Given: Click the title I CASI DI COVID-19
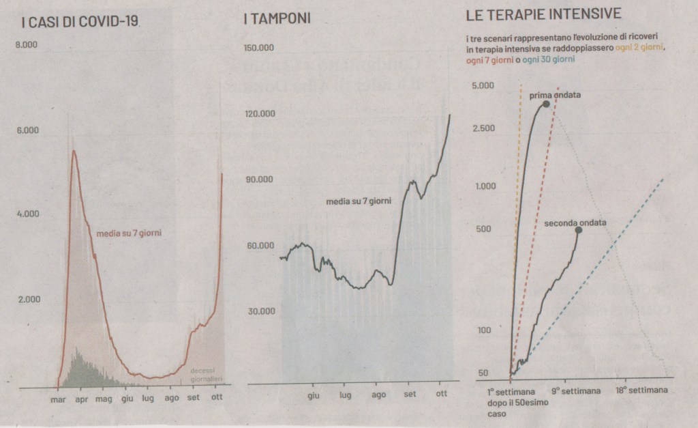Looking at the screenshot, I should (78, 22).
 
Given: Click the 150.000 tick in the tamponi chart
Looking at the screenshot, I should (259, 48).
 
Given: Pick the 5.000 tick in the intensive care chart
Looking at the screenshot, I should (482, 85).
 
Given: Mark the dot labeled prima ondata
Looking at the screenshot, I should (546, 104).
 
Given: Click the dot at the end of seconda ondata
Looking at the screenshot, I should (579, 230).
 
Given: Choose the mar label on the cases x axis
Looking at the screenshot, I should (59, 399).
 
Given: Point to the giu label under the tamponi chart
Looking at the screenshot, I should (314, 395).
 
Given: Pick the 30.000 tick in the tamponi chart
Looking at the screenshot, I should (259, 311).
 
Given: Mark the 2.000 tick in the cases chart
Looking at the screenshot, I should (28, 299).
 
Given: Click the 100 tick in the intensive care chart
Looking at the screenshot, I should (485, 330).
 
